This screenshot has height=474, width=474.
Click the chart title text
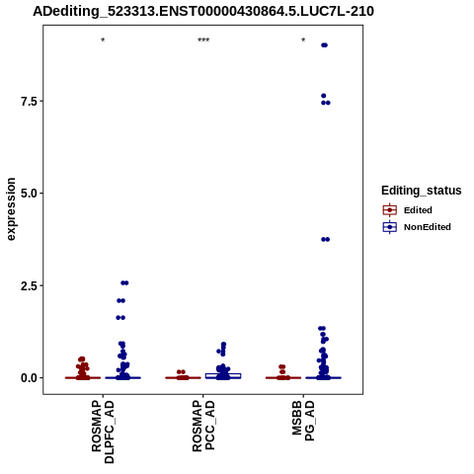point(203,11)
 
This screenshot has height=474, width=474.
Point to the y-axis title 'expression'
point(11,209)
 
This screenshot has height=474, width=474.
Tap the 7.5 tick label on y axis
point(28,102)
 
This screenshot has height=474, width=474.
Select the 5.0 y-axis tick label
point(28,194)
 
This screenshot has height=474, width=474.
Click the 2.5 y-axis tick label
point(28,285)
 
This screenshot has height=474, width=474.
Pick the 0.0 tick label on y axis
point(28,378)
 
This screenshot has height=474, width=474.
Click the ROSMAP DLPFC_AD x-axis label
point(103,432)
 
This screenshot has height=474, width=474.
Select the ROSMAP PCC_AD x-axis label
point(203,426)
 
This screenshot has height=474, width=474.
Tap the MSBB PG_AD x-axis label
point(303,421)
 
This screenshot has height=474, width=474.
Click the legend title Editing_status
point(422,191)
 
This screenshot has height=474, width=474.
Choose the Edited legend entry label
point(418,210)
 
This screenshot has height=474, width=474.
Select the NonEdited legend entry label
point(428,227)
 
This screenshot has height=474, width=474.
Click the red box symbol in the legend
point(390,209)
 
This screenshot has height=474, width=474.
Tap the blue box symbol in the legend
point(390,227)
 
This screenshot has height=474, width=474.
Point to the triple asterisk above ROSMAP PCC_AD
point(203,40)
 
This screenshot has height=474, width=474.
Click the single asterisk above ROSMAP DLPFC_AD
point(103,40)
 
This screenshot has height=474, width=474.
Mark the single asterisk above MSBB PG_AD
point(303,40)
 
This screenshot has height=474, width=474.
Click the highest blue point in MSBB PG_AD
point(324,45)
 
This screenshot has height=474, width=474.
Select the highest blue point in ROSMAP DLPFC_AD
point(124,282)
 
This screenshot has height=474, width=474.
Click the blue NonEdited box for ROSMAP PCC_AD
point(223,376)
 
